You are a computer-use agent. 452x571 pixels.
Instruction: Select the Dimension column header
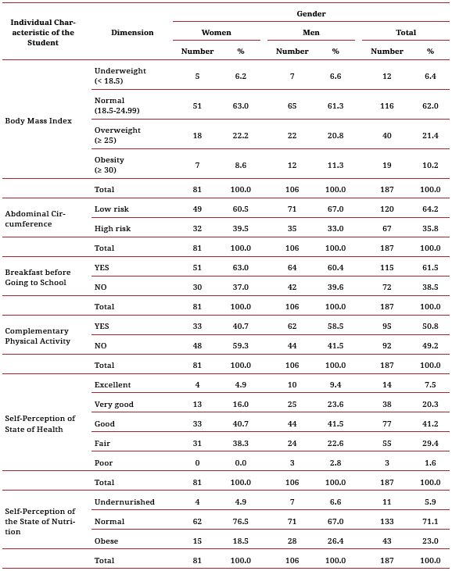tap(132, 33)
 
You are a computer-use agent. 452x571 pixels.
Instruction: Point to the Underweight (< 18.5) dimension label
tap(120, 75)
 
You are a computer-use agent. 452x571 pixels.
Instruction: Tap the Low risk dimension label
tap(111, 210)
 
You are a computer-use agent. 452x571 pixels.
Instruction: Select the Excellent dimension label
tap(113, 385)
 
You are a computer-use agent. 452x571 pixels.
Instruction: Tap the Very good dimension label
tap(114, 405)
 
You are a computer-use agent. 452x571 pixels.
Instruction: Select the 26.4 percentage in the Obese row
tap(335, 539)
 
